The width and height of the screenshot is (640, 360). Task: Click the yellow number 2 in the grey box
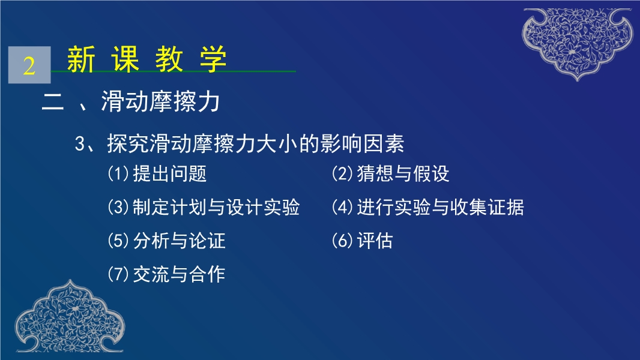pyautogui.click(x=29, y=65)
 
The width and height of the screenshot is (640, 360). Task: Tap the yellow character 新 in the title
pyautogui.click(x=81, y=59)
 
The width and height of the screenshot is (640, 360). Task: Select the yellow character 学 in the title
pyautogui.click(x=213, y=59)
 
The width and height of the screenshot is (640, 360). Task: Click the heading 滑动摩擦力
pyautogui.click(x=160, y=101)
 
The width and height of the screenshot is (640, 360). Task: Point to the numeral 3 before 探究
pyautogui.click(x=80, y=144)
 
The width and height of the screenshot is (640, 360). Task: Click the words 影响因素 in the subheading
pyautogui.click(x=363, y=143)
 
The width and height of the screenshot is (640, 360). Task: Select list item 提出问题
pyautogui.click(x=170, y=173)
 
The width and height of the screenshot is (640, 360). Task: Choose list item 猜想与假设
pyautogui.click(x=403, y=173)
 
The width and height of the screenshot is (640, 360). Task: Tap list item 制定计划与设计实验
pyautogui.click(x=216, y=207)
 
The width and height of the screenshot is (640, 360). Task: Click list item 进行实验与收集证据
pyautogui.click(x=441, y=207)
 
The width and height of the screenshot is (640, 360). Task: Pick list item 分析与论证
pyautogui.click(x=179, y=241)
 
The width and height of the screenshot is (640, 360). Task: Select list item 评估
pyautogui.click(x=375, y=241)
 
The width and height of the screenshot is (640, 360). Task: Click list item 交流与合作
pyautogui.click(x=179, y=274)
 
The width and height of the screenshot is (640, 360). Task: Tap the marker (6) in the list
pyautogui.click(x=342, y=241)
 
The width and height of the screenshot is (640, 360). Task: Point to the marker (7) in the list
pyautogui.click(x=118, y=274)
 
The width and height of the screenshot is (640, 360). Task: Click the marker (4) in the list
pyautogui.click(x=342, y=207)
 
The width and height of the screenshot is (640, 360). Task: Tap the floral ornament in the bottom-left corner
pyautogui.click(x=70, y=316)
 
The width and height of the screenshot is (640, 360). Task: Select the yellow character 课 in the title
pyautogui.click(x=125, y=59)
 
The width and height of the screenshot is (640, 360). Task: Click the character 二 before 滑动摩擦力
pyautogui.click(x=53, y=102)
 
